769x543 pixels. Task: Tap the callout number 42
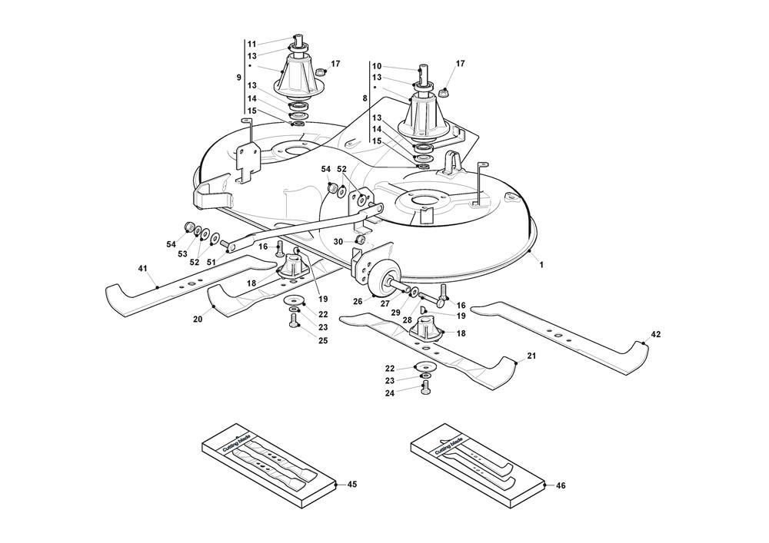pyautogui.click(x=655, y=334)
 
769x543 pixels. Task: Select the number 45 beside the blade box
pyautogui.click(x=352, y=485)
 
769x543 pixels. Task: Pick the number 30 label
pyautogui.click(x=338, y=241)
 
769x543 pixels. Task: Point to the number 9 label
pyautogui.click(x=238, y=78)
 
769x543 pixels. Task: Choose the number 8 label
pyautogui.click(x=364, y=98)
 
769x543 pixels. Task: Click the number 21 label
pyautogui.click(x=531, y=356)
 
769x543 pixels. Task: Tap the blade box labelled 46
pyautogui.click(x=477, y=465)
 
